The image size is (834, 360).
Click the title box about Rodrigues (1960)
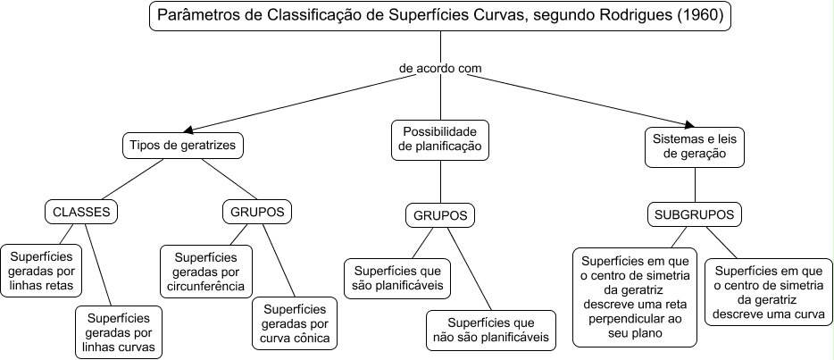[x=441, y=16]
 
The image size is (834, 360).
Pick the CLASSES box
[x=81, y=212]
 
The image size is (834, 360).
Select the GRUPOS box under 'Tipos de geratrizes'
[x=258, y=212]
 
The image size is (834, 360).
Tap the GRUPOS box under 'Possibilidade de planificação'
[x=440, y=215]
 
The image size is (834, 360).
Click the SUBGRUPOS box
[x=694, y=215]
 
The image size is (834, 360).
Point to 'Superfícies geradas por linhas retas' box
[x=42, y=271]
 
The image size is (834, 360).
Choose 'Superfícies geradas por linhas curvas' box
[x=119, y=331]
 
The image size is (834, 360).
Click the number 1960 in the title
[x=702, y=16]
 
